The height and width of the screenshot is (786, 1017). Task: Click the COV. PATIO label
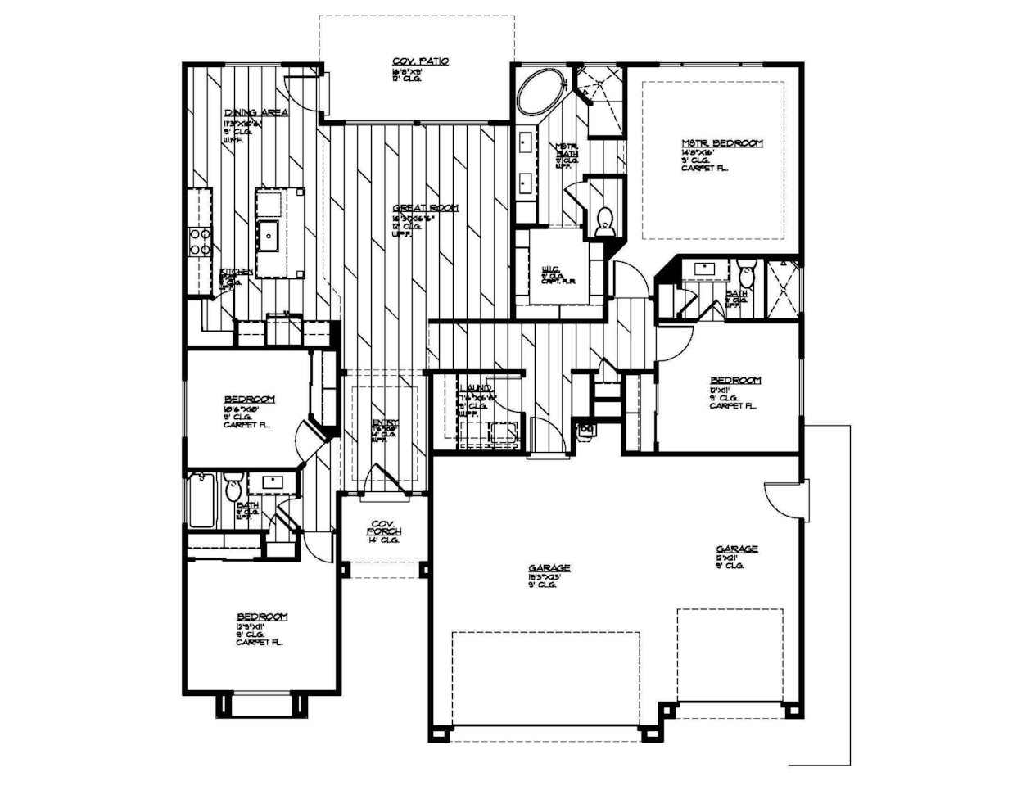point(420,61)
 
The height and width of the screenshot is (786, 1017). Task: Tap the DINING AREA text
point(255,113)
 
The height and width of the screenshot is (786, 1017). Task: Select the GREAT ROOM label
point(425,208)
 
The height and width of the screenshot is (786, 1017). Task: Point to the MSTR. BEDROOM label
point(721,143)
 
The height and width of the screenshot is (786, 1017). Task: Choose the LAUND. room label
point(475,388)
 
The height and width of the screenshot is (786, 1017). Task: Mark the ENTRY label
point(385,423)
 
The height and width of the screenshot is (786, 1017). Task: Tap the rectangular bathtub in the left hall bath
point(202,500)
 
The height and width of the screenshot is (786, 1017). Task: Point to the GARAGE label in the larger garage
point(549,567)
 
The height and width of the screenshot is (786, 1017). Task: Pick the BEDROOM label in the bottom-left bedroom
point(262,617)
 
